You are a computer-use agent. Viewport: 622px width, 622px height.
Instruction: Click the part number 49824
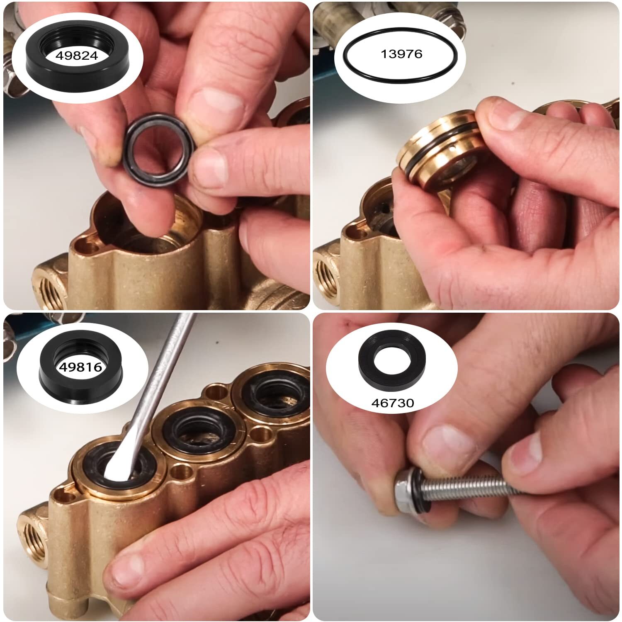click(x=77, y=55)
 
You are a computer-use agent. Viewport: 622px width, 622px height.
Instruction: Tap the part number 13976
click(x=401, y=53)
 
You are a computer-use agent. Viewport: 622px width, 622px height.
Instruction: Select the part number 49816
click(x=80, y=367)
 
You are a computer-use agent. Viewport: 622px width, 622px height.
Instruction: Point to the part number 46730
click(x=392, y=403)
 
